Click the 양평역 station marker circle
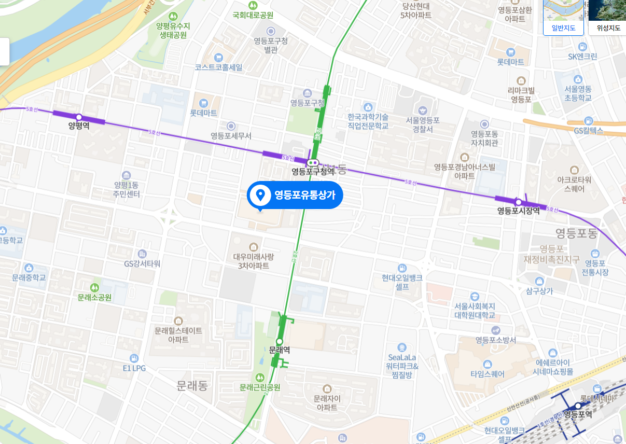point(79,117)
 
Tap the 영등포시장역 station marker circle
point(518,202)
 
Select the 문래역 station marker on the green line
point(280,341)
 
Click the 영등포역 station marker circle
point(578,406)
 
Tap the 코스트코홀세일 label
point(218,67)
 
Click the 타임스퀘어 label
point(487,373)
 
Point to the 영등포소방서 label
point(496,340)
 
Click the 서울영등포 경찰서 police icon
point(423,110)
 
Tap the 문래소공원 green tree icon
point(94,287)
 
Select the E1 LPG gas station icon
point(134,358)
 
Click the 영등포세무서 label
point(231,136)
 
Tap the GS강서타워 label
point(142,263)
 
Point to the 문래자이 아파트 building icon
point(327,388)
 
